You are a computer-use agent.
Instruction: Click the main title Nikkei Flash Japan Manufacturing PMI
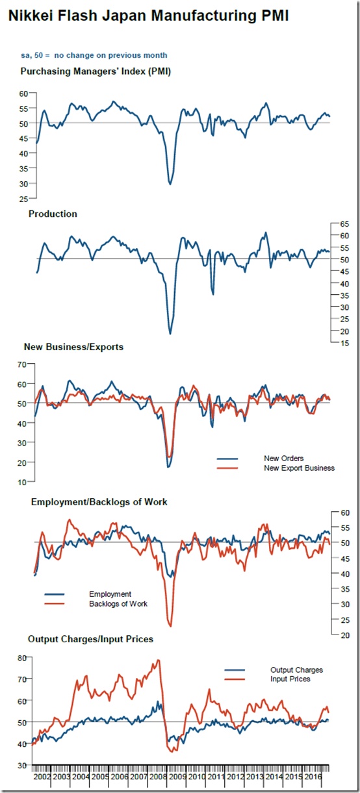148,16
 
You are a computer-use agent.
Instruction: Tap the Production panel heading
53,214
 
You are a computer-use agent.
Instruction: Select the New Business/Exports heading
73,347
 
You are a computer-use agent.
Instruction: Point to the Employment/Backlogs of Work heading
99,502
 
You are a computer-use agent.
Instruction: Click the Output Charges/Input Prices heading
91,639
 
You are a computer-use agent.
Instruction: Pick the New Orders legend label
283,459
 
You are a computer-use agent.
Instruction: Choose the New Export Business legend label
299,468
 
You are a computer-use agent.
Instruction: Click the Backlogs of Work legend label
118,603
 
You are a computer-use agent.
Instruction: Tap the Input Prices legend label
290,679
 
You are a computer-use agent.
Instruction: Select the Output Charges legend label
296,670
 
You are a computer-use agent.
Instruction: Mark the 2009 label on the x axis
177,777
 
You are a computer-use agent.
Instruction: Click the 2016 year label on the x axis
313,777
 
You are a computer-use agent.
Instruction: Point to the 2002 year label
42,777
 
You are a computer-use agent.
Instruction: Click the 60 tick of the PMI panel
23,94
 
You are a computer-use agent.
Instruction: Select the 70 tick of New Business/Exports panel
21,364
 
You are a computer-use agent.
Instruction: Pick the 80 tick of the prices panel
22,658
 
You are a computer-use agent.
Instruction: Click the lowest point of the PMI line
170,184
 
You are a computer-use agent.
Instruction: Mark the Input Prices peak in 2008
158,660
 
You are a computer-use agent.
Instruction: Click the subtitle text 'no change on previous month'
110,55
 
